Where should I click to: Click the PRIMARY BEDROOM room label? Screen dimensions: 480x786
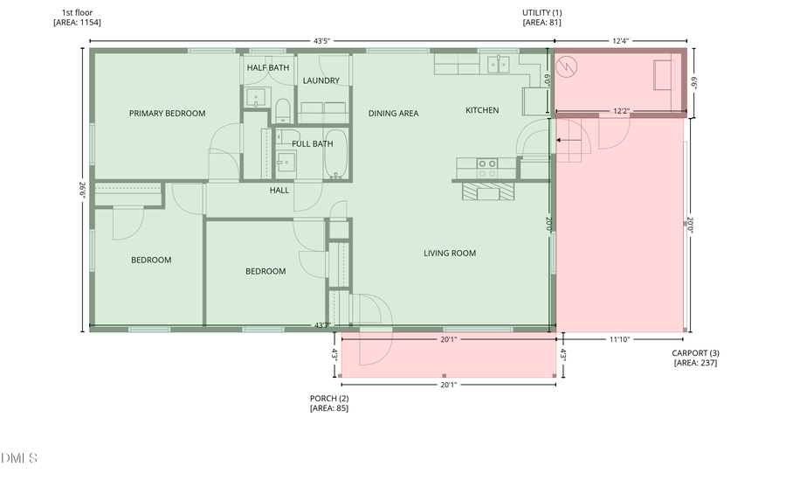click(167, 113)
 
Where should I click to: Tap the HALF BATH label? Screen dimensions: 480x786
click(268, 67)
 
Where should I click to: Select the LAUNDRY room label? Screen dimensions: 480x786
click(321, 80)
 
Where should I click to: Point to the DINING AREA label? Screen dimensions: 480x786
click(393, 113)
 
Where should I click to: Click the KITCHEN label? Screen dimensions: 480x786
click(482, 110)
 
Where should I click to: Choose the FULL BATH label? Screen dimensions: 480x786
click(312, 143)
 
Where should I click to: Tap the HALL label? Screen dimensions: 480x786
click(279, 190)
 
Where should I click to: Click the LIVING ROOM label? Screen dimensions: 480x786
click(450, 253)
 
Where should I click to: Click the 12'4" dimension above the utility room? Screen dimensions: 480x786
click(620, 40)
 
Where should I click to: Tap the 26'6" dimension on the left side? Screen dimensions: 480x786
click(83, 191)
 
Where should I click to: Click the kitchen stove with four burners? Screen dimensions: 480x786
click(486, 163)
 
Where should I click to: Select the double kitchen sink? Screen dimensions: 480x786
click(499, 64)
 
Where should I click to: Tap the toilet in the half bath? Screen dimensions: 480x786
click(282, 110)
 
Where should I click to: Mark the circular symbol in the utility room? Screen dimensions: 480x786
click(569, 65)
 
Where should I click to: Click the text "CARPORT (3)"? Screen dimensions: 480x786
click(695, 353)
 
